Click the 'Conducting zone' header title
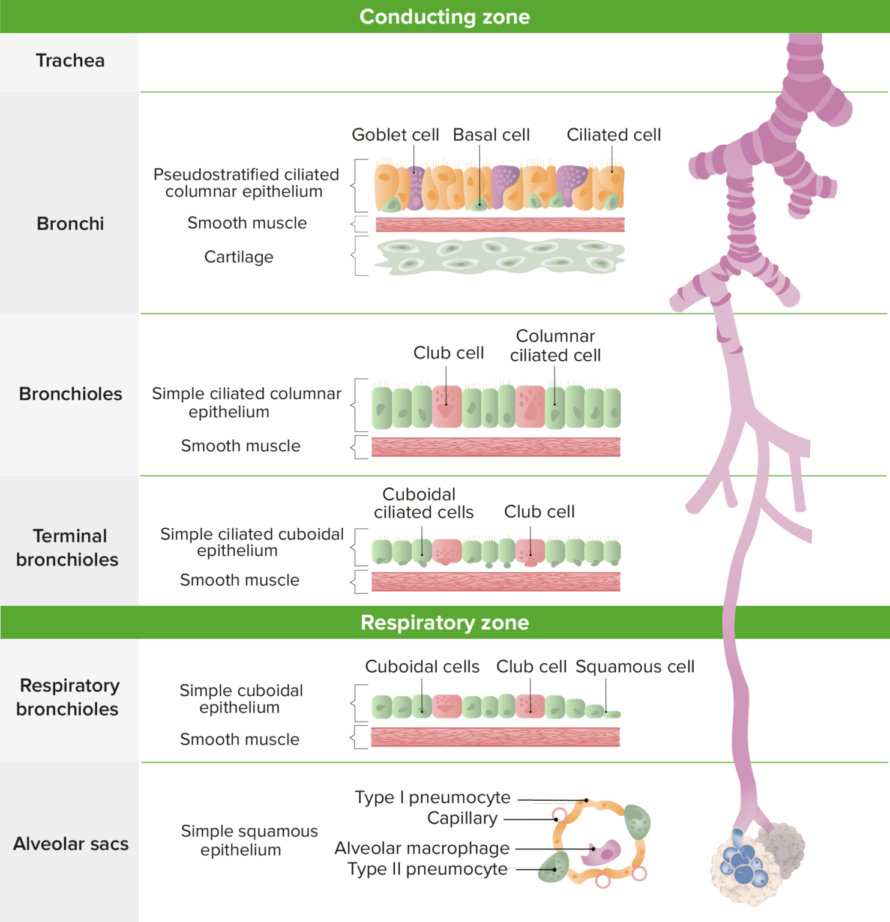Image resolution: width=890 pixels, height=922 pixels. [x=445, y=17]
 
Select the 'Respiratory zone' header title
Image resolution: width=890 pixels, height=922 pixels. [x=445, y=622]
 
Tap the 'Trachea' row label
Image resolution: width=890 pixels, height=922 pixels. [x=70, y=61]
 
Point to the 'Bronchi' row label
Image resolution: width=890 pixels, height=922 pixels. [x=70, y=224]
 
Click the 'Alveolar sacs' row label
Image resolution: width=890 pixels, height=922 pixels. [x=71, y=844]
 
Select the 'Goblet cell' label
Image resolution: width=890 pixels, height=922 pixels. [x=395, y=135]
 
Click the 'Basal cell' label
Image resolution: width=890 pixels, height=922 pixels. [x=491, y=135]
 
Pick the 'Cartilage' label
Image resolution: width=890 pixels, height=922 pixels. [x=239, y=257]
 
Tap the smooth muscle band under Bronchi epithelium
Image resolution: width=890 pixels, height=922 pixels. [x=499, y=224]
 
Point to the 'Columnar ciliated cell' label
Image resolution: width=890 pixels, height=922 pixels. [x=555, y=346]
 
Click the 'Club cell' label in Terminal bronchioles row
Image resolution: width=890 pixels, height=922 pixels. [x=539, y=511]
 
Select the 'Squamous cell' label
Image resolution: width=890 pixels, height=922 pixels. [x=635, y=667]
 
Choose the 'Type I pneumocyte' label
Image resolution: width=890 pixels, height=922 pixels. [x=432, y=798]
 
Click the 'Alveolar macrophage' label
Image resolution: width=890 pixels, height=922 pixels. [x=422, y=848]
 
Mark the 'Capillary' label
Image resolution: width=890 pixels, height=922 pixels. [x=462, y=818]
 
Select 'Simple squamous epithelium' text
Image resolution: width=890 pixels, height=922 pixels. [x=248, y=840]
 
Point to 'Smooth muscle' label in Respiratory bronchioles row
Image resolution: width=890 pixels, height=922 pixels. [x=239, y=740]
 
